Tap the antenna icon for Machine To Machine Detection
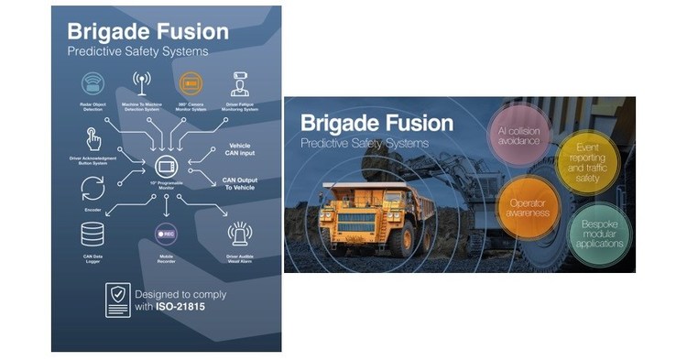(x=141, y=82)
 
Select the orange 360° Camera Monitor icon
(x=191, y=82)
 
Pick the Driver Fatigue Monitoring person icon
(x=239, y=83)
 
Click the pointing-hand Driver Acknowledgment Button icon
(x=93, y=139)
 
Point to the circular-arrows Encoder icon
(x=93, y=189)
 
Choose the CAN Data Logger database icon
(x=93, y=236)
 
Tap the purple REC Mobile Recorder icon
(x=166, y=234)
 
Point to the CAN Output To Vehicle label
(x=238, y=183)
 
